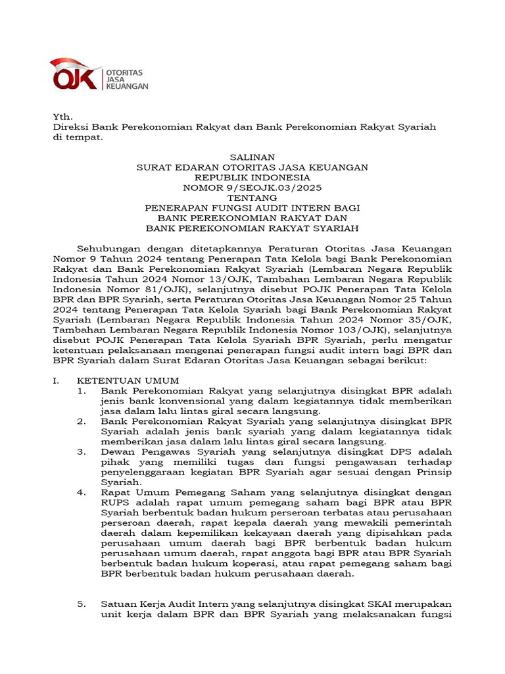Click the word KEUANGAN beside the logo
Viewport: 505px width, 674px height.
[127, 86]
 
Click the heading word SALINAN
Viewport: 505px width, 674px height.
[252, 157]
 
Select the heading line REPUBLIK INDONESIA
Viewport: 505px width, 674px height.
[252, 178]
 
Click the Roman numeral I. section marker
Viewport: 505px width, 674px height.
[57, 380]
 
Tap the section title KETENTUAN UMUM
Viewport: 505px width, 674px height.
[128, 380]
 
